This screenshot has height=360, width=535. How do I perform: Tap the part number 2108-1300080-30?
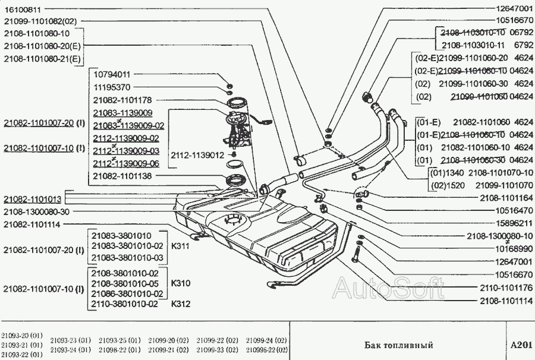[x=37, y=211]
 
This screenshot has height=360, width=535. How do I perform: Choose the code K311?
[x=180, y=245]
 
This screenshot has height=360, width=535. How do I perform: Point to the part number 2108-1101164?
[x=505, y=197]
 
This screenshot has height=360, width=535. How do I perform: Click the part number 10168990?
[x=513, y=248]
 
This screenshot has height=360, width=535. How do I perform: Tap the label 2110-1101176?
[x=505, y=288]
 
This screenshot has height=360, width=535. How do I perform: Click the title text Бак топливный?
[x=398, y=345]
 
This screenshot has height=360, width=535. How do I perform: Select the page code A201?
[x=520, y=345]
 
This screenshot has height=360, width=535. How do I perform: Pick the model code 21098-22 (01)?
[x=119, y=349]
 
